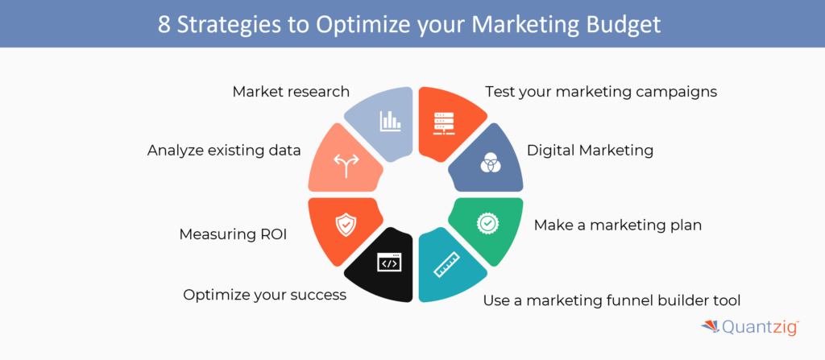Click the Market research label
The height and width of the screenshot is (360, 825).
point(291,92)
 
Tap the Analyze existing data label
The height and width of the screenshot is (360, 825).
point(224,151)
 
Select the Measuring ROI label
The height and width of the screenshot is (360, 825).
point(233,234)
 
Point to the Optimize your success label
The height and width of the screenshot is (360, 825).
point(264,295)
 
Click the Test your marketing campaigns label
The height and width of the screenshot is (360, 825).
point(601,92)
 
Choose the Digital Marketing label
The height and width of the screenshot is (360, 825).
point(591,151)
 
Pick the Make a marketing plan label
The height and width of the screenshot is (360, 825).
point(618,226)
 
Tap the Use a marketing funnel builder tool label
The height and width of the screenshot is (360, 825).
point(612,300)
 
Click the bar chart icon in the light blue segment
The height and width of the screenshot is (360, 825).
point(390,121)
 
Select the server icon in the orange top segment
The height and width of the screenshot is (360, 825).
point(443,123)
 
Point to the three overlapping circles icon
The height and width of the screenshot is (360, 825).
point(489,163)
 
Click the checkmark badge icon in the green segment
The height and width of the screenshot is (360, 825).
point(487,223)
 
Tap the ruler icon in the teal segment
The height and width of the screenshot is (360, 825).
point(446,265)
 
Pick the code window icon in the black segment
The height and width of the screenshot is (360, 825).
point(389,263)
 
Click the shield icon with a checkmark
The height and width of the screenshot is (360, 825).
point(346,226)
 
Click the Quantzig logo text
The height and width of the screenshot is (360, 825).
point(761,328)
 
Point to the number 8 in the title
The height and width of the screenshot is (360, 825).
point(164,25)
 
